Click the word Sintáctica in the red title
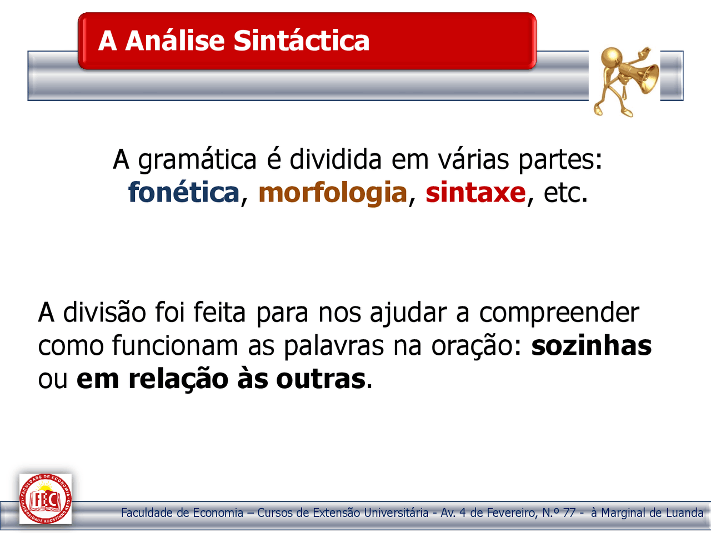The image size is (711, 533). [x=301, y=41]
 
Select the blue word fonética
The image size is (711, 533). [x=184, y=193]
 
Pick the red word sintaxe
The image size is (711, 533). [x=475, y=193]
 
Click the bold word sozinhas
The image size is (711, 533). [x=591, y=345]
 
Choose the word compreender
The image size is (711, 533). [x=559, y=314]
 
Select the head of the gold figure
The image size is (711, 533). [x=612, y=57]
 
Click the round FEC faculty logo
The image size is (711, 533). [x=46, y=499]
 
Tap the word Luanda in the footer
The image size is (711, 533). [x=684, y=512]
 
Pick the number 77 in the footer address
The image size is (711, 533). [x=569, y=512]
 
